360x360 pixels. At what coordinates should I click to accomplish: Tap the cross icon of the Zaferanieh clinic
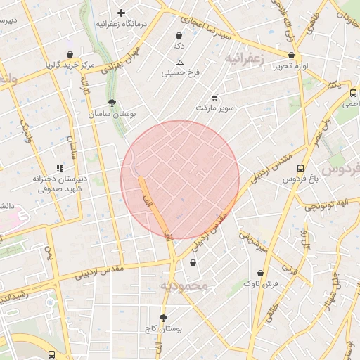coord(121,13)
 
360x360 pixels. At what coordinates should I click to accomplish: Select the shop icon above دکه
coord(179,35)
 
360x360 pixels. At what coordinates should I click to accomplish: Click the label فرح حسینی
coord(181,72)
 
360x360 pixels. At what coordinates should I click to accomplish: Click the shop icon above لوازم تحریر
coord(291,55)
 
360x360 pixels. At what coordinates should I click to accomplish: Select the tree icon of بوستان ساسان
coord(112,103)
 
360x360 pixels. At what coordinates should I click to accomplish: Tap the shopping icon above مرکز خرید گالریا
coord(70,54)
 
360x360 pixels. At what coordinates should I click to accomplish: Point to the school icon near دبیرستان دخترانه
coord(60,168)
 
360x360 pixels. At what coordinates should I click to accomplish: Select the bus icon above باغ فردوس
coord(301,169)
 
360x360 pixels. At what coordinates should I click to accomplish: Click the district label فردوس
coord(340,169)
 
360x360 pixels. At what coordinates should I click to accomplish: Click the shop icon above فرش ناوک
coord(261,273)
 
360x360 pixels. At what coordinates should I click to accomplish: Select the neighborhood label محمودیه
coord(185,286)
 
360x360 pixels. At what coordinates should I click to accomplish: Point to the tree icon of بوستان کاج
coord(164,318)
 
